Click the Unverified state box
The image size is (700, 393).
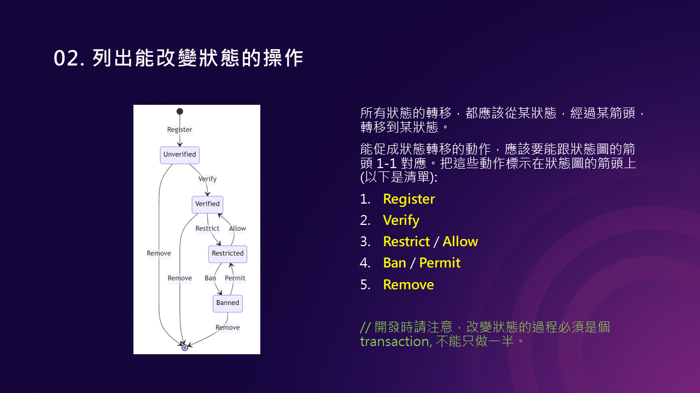tap(179, 155)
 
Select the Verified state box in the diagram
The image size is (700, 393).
tap(207, 204)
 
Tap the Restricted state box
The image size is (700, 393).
tap(227, 253)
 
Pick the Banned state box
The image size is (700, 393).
tap(227, 303)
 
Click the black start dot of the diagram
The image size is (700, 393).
tap(179, 111)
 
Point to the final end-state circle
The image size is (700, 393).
tap(185, 347)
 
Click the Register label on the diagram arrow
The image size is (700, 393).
tap(179, 130)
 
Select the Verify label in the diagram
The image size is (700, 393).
tap(207, 179)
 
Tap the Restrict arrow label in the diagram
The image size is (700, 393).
tap(207, 229)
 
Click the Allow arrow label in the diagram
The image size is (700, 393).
tap(237, 229)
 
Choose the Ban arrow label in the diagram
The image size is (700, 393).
tap(210, 278)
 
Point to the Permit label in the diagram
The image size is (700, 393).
tap(235, 278)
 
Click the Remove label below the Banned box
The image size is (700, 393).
tap(227, 327)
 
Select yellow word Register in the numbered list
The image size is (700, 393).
tap(409, 199)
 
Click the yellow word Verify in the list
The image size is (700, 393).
tap(401, 221)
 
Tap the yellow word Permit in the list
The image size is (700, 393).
tap(440, 263)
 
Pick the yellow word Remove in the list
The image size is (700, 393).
tap(408, 285)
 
